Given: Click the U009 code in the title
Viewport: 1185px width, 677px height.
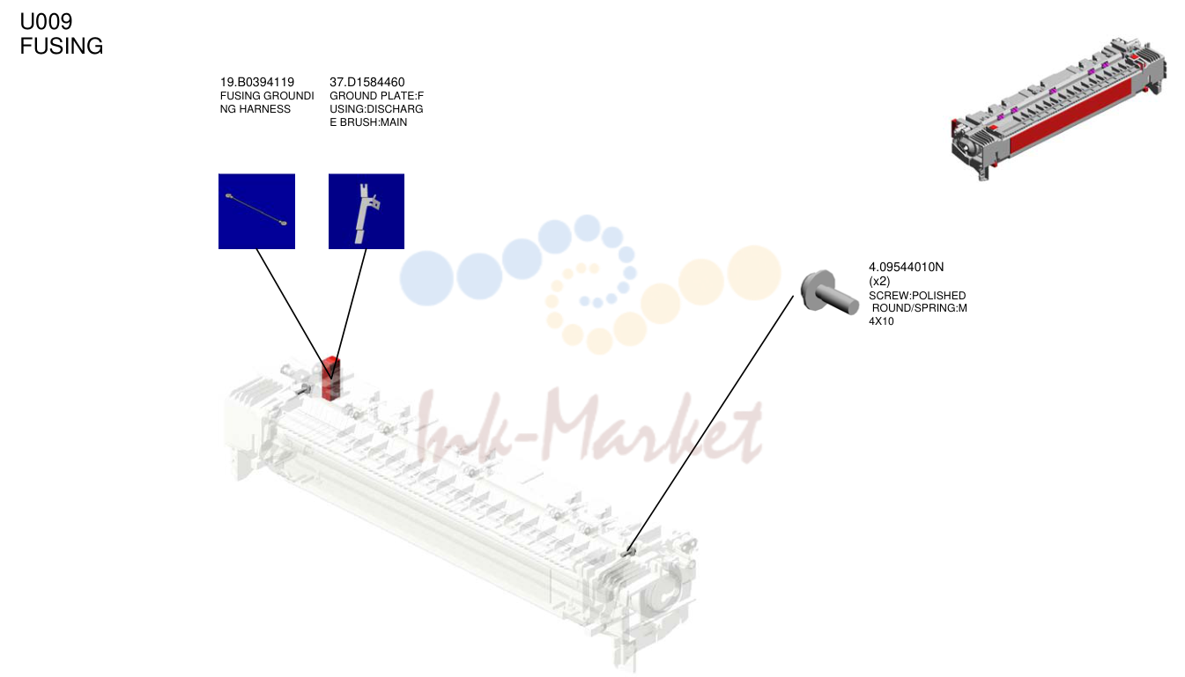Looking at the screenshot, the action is (46, 22).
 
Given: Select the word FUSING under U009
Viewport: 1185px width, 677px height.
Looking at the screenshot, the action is (62, 46).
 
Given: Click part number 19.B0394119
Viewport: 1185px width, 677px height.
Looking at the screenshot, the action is (257, 82).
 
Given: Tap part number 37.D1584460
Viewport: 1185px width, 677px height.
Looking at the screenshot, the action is (367, 82).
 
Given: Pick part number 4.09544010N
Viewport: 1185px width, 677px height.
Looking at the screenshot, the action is (907, 267).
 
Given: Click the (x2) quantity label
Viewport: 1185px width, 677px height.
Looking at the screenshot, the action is (879, 281).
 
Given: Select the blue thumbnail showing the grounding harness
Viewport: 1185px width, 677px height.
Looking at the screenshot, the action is (256, 211).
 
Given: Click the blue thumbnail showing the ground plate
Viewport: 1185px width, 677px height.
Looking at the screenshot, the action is (367, 211).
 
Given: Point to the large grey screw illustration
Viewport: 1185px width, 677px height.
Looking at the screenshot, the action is (828, 293).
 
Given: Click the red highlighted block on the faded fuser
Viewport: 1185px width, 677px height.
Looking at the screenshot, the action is (330, 379).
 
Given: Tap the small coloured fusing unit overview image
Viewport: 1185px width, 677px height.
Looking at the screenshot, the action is (1058, 108).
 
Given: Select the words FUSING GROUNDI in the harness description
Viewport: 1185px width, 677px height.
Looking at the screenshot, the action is (267, 96).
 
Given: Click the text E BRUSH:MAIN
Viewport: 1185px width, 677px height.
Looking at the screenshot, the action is (368, 122).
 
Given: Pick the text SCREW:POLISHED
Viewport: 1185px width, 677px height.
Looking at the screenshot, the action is (917, 296).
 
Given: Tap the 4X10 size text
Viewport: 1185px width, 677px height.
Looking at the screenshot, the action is (881, 321).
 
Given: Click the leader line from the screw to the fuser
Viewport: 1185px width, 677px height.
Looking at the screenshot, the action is (710, 423).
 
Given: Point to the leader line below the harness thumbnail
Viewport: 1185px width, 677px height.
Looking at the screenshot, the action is (294, 314).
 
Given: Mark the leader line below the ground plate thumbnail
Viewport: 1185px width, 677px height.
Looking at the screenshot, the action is (349, 314).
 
